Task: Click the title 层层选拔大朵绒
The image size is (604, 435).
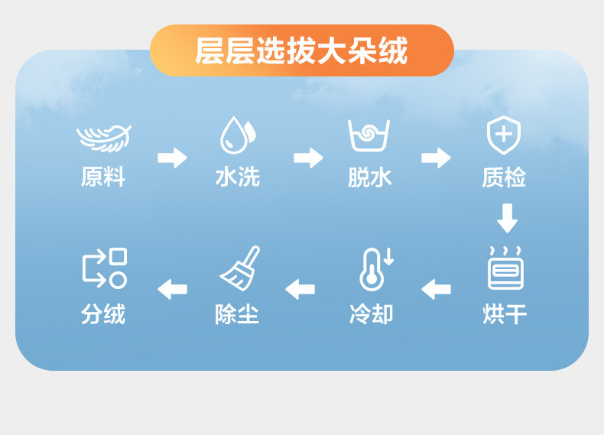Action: [x=301, y=50]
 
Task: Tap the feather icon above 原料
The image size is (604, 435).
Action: [x=103, y=138]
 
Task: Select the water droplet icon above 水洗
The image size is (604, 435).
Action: [x=238, y=135]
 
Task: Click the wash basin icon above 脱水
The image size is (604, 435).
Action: [x=369, y=135]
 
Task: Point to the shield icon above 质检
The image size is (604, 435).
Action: [x=504, y=135]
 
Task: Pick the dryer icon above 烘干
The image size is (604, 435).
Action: [x=505, y=269]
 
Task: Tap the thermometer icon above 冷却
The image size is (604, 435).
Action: [x=374, y=268]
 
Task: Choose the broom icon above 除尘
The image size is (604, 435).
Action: [x=240, y=268]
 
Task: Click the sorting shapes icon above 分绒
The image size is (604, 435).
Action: [x=104, y=268]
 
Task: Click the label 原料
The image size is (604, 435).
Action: [x=103, y=177]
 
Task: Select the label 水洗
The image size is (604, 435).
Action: [x=238, y=177]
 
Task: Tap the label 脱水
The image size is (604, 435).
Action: [x=370, y=177]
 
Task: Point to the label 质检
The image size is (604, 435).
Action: [x=504, y=177]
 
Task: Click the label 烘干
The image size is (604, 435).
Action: [x=505, y=314]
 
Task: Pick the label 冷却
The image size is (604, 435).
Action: [x=371, y=314]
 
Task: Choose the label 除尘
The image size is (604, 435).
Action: [x=237, y=314]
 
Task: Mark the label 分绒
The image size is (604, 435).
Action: [x=103, y=314]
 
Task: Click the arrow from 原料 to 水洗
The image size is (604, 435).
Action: [x=172, y=158]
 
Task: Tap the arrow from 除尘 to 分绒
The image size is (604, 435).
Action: [x=172, y=289]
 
